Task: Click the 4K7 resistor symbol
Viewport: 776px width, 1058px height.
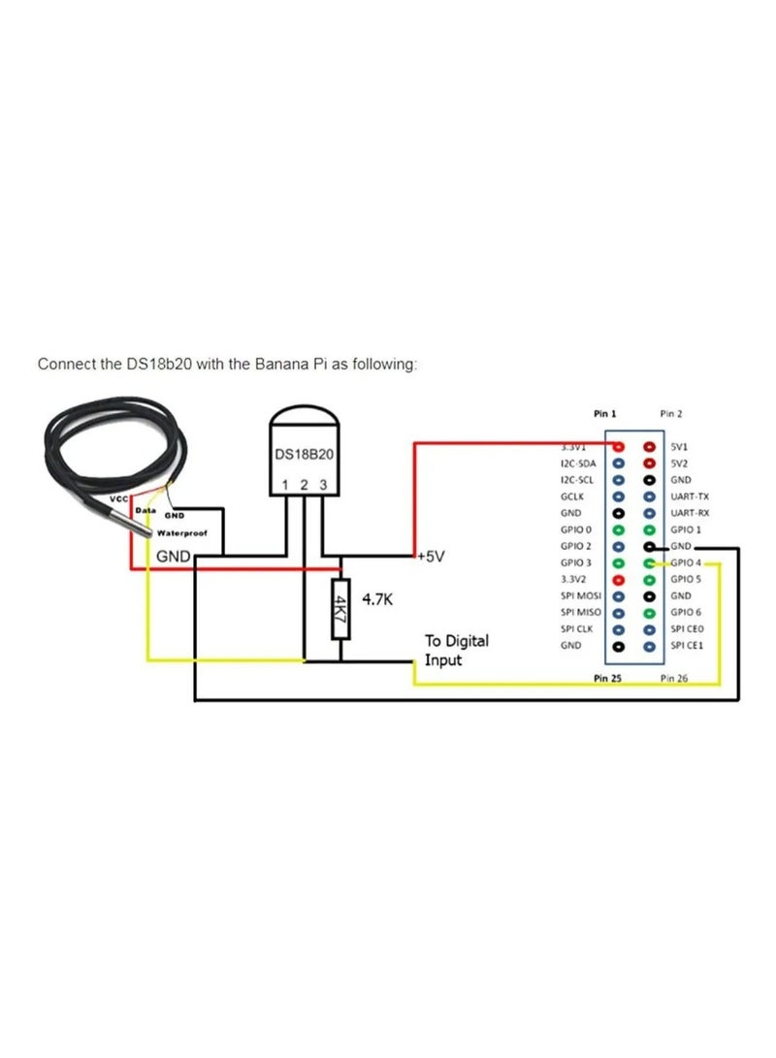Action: pos(339,608)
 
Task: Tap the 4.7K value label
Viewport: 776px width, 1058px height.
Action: pos(377,599)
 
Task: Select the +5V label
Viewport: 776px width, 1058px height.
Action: pos(431,557)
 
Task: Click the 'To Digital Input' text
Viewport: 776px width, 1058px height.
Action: pos(456,650)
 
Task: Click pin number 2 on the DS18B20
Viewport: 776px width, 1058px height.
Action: pos(304,485)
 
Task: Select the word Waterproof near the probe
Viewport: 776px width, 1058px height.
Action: pos(181,533)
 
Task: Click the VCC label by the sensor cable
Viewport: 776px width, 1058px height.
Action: pos(118,498)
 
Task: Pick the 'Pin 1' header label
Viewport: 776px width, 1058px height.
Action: pos(605,413)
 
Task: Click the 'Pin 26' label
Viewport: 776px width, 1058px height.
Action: pos(674,679)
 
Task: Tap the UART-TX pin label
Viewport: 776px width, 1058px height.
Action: pos(690,496)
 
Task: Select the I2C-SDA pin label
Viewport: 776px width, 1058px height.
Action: pos(580,464)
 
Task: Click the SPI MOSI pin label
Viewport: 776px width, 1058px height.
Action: pos(580,595)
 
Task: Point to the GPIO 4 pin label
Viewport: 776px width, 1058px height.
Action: pos(686,562)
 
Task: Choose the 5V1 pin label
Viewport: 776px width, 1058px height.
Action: pos(681,447)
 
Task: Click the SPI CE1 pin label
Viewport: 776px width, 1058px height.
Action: pos(687,645)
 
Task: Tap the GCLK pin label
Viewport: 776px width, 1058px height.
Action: pos(573,496)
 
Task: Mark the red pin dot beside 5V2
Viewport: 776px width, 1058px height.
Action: pos(649,464)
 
